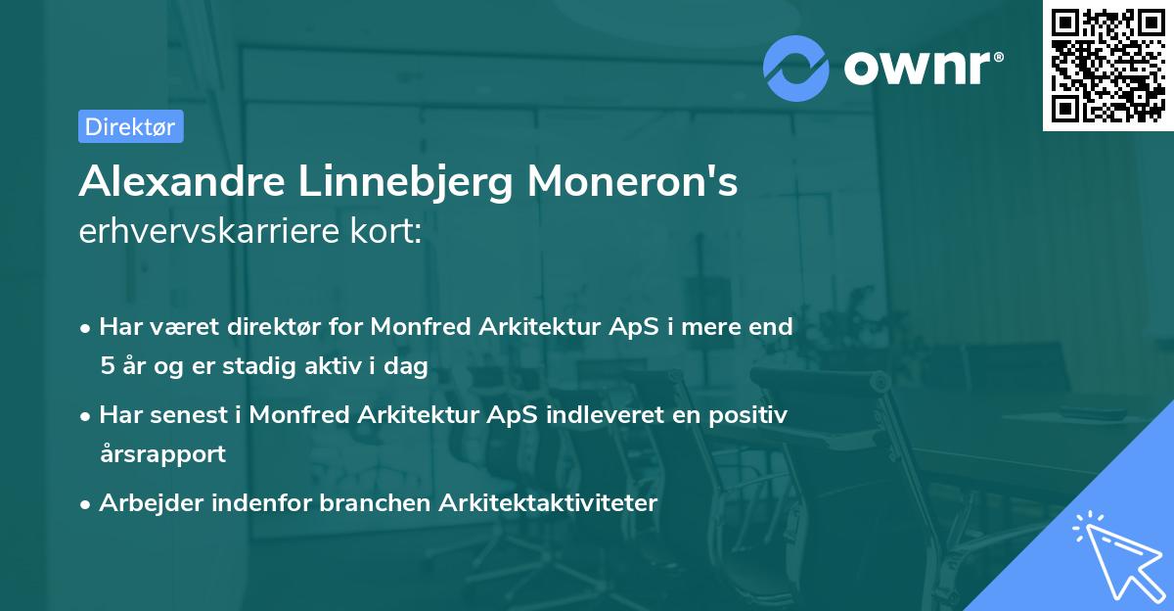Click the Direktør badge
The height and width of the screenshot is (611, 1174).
[x=130, y=126]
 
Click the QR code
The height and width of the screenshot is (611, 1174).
[x=1108, y=65]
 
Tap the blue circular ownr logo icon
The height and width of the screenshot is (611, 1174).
[x=796, y=68]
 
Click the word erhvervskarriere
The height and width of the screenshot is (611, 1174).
[x=203, y=232]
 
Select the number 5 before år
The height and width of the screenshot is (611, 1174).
[x=106, y=366]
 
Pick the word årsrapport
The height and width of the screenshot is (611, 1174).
[x=162, y=453]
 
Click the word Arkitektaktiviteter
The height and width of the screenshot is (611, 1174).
[x=549, y=502]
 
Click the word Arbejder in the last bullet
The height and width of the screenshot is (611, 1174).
[x=144, y=502]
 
